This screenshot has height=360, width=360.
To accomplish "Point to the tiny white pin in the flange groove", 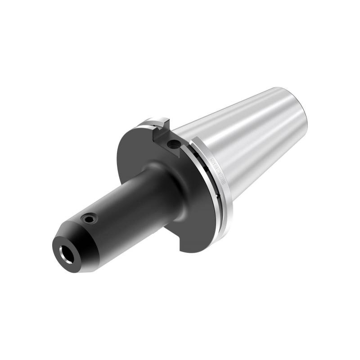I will pos(216,196).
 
